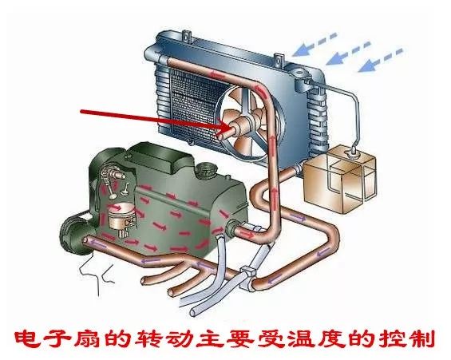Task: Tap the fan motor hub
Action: (239, 127)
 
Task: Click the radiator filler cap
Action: (299, 73)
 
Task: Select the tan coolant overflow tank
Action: (340, 179)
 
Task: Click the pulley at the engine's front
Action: (75, 233)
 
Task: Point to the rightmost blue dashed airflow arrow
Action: (380, 60)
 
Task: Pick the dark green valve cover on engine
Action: (162, 157)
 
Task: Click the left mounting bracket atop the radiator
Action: (186, 36)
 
